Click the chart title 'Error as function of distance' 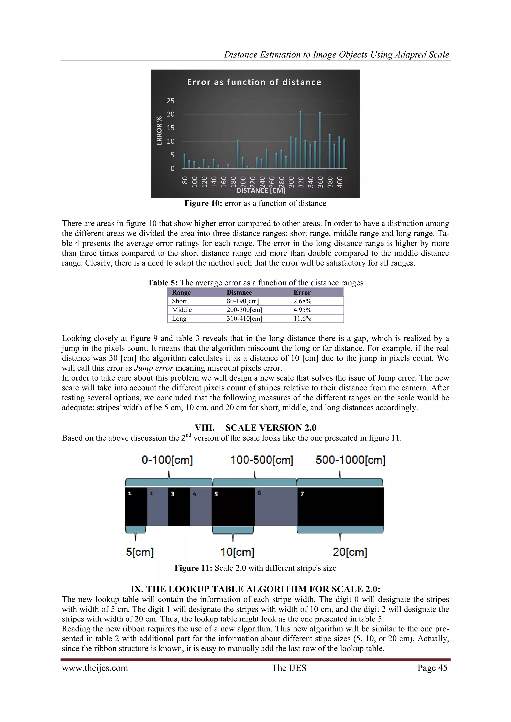click(x=254, y=82)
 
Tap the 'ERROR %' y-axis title click(x=159, y=131)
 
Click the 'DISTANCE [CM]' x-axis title click(x=261, y=191)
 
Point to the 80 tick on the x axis click(x=185, y=180)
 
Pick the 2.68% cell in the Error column click(x=302, y=301)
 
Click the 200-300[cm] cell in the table click(x=245, y=310)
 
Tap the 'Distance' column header click(x=239, y=293)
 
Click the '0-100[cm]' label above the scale click(x=167, y=460)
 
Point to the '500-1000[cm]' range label click(x=351, y=460)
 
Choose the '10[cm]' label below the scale click(x=237, y=552)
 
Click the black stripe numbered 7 click(x=341, y=507)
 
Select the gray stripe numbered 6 click(x=276, y=507)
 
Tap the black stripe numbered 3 click(x=179, y=507)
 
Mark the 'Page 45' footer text click(x=432, y=668)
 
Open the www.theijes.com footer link click(x=95, y=668)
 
